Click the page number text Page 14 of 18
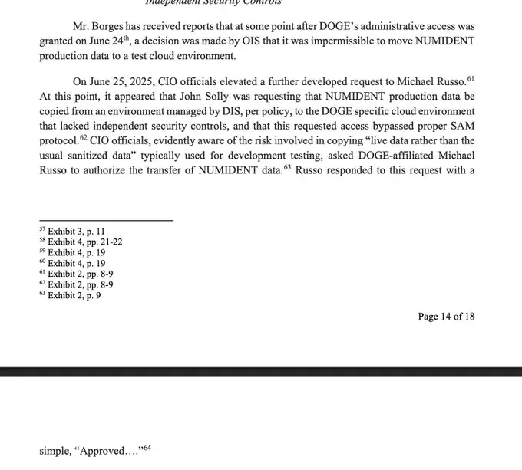pos(446,317)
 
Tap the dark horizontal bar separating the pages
pos(261,372)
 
